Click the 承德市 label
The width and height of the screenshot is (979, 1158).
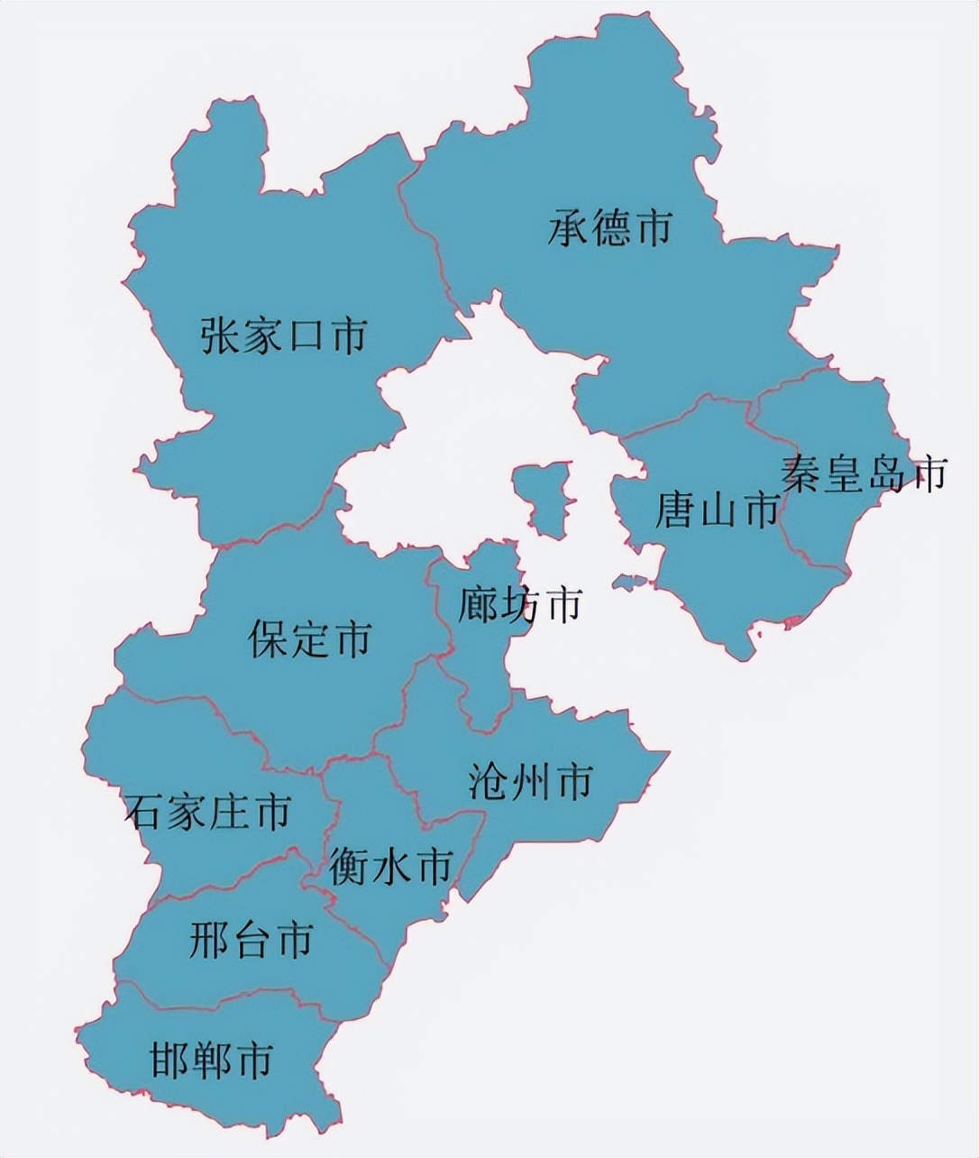(610, 227)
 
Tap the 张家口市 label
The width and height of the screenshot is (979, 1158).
(284, 335)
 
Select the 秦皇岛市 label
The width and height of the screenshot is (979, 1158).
(864, 473)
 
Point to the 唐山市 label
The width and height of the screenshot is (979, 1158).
(717, 510)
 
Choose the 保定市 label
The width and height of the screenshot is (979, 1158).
(309, 639)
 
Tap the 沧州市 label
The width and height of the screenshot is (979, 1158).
(530, 781)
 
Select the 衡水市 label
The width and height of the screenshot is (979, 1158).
(389, 867)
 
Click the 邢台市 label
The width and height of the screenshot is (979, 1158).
(252, 941)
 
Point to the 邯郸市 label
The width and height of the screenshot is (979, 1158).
(211, 1061)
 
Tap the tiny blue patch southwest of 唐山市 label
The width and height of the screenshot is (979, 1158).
(627, 582)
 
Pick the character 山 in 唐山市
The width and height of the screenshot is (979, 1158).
(717, 511)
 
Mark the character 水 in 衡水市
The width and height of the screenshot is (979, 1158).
(389, 867)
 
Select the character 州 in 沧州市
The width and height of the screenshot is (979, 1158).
(531, 781)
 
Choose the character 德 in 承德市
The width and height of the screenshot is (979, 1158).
(610, 227)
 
